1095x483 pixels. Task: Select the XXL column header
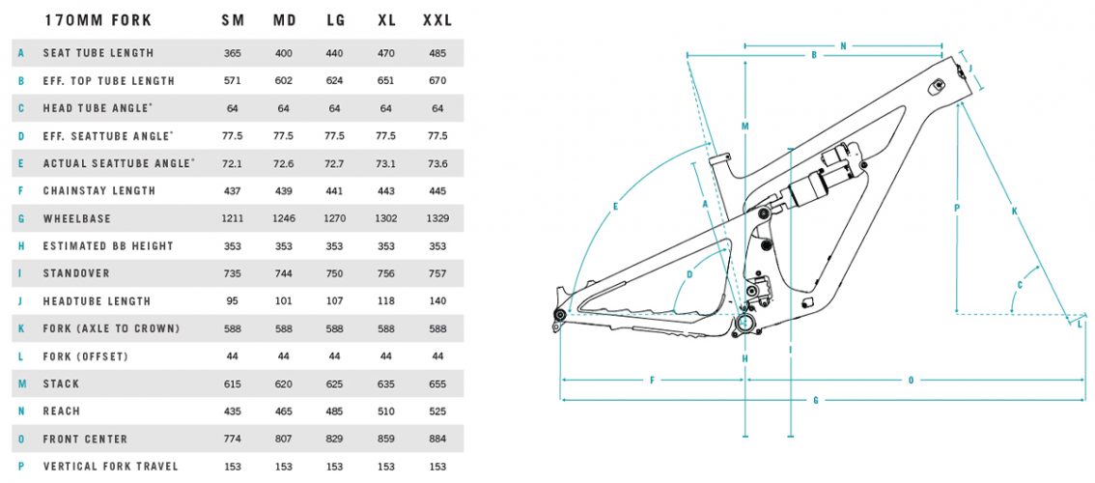[436, 20]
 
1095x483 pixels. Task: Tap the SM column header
[232, 20]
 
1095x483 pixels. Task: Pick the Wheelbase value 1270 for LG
[335, 218]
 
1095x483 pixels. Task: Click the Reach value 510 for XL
[385, 412]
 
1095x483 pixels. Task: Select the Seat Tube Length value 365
[232, 53]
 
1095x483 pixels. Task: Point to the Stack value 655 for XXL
[436, 384]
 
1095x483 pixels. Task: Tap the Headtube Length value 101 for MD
[283, 301]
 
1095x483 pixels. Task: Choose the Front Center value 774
[232, 439]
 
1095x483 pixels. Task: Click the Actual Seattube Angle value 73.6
[436, 163]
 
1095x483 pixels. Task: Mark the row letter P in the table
[19, 467]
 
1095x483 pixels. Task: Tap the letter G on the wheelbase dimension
[817, 400]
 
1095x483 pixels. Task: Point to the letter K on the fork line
[1013, 211]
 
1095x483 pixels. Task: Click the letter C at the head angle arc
[1020, 284]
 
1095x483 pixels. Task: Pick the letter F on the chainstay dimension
[653, 380]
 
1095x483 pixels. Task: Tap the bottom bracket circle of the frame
[746, 322]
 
